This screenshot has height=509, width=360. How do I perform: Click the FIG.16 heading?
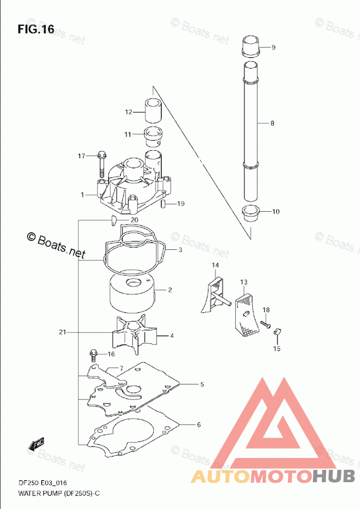[36, 29]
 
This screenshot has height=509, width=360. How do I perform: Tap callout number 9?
[273, 47]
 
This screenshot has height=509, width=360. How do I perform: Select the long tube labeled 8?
[251, 131]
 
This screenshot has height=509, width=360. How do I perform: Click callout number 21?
[63, 332]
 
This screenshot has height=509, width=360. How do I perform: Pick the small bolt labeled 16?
[94, 355]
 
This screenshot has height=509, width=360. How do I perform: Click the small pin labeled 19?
[164, 204]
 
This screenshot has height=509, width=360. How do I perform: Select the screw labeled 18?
[265, 324]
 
